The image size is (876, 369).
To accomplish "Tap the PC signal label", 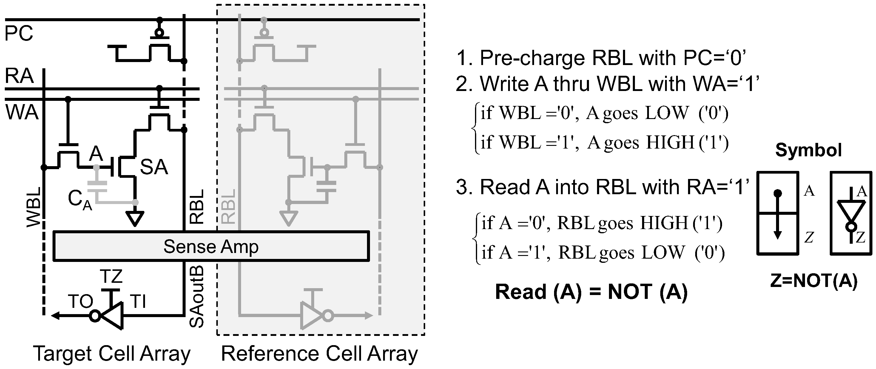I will point(19,33).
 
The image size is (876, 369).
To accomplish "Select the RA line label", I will point(19,76).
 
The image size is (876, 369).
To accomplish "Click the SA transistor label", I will point(154,167).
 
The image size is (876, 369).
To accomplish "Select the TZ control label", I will point(111,276).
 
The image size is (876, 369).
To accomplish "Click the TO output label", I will point(81,301).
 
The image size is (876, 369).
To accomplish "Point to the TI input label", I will point(138,301).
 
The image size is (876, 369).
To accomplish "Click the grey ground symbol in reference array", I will point(289,218).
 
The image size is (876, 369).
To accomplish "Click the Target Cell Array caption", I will point(112,354).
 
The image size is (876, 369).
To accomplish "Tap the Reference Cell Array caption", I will point(319,354).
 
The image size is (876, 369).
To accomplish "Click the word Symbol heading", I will point(808,150).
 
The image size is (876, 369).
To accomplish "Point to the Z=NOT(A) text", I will point(814,281).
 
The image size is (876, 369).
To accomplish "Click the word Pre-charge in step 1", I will point(532,58).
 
